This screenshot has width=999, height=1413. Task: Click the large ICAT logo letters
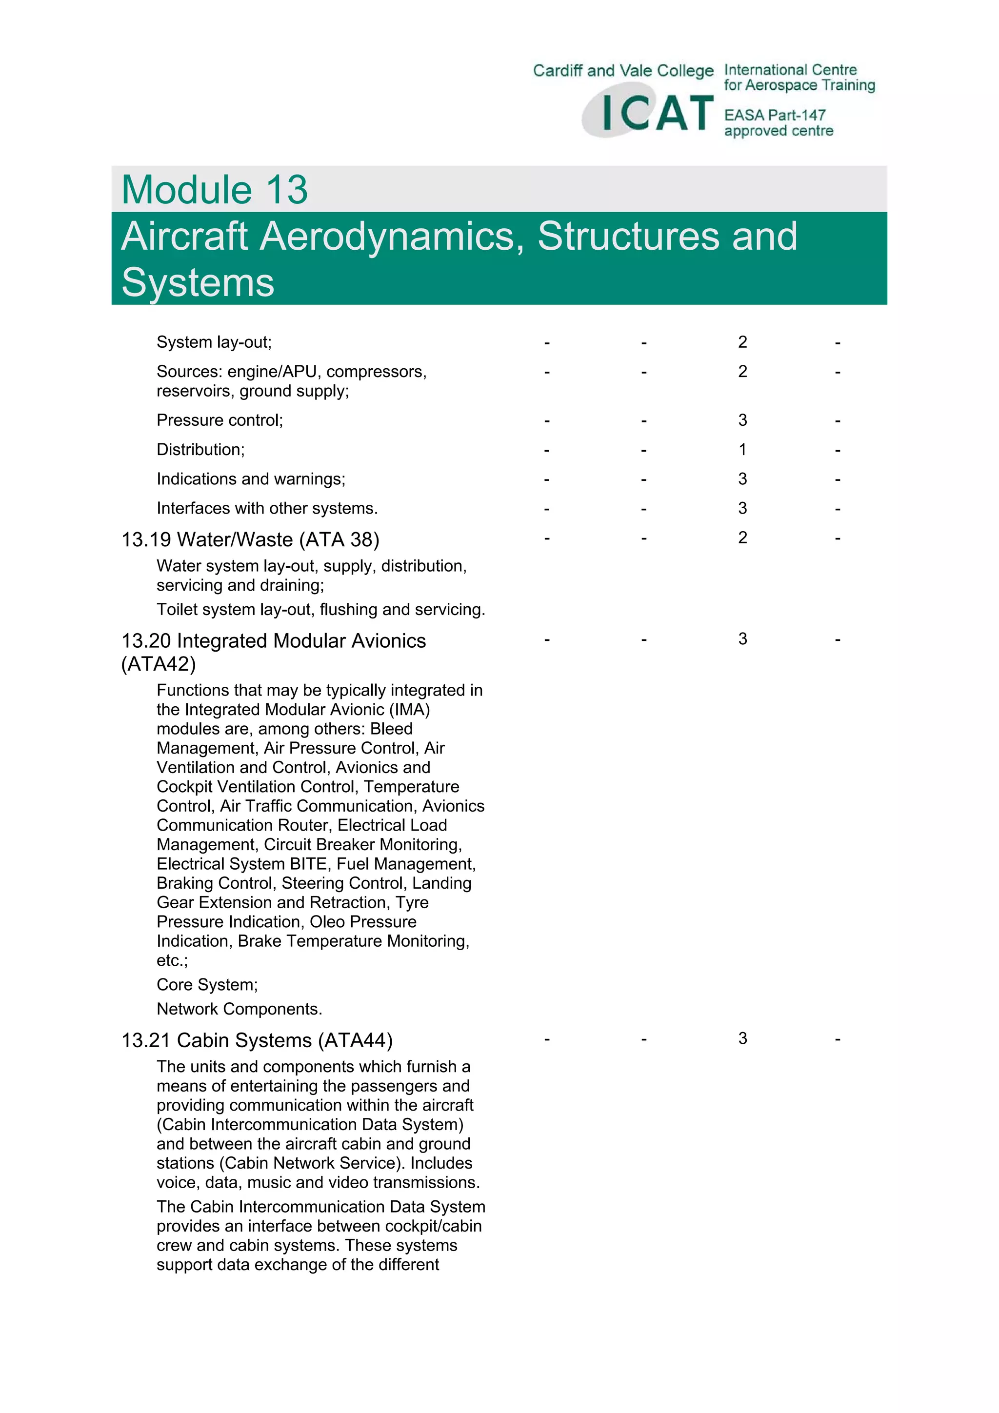tap(656, 113)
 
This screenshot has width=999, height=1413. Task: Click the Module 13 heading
tap(214, 190)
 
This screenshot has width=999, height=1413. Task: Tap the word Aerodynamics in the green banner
tap(392, 237)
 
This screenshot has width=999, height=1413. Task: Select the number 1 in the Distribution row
tap(742, 450)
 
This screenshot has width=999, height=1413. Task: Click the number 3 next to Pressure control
tap(742, 420)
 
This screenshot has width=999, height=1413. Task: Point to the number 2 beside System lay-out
tap(742, 342)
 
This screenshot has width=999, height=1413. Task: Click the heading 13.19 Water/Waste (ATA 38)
tap(250, 540)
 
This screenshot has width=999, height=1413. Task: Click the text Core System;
tap(207, 985)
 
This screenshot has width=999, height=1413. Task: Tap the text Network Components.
tap(239, 1009)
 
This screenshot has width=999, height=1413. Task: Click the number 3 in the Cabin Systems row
tap(742, 1039)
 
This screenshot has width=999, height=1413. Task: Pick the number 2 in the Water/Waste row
tap(742, 538)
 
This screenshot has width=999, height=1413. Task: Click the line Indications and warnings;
tap(251, 479)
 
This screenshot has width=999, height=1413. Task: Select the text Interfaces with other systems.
tap(266, 508)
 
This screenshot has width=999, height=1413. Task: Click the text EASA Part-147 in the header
tap(774, 115)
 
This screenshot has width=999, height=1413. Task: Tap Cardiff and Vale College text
tap(623, 71)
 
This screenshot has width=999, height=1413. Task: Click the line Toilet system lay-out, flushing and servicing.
tap(320, 610)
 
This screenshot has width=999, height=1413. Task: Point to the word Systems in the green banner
tap(198, 282)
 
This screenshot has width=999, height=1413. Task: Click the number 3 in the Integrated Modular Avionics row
tap(742, 639)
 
